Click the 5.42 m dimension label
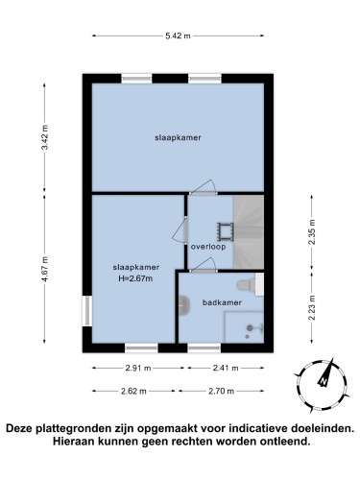pos(178,36)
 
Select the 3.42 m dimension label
pos(45,137)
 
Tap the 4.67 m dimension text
pos(45,269)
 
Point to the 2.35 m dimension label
pos(312,231)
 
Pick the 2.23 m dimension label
pos(312,307)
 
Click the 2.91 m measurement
pos(137,368)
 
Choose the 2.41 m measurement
pos(226,368)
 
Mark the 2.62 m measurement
pos(133,391)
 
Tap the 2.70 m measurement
pos(222,391)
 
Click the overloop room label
pos(208,247)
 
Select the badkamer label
pos(222,302)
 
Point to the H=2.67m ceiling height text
pos(135,278)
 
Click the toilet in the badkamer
pos(246,285)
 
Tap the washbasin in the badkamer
pos(183,305)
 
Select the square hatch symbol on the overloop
pos(226,231)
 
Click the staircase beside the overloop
pos(249,232)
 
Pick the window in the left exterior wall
pos(87,311)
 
